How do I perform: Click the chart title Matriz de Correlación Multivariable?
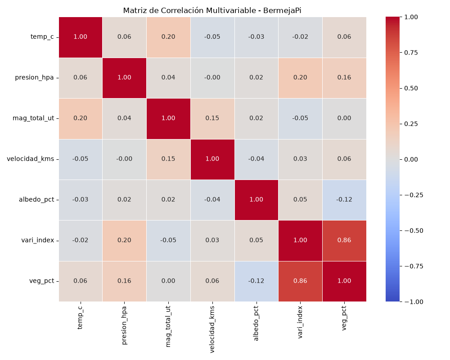(189, 11)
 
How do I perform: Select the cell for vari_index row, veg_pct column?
(344, 241)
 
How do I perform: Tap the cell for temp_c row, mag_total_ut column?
(168, 37)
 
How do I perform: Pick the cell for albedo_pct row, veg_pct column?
(344, 200)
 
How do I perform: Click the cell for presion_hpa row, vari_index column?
(300, 78)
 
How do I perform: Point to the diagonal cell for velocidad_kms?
(212, 159)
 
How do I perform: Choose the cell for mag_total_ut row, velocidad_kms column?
(212, 118)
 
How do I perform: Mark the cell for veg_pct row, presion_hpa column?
(124, 281)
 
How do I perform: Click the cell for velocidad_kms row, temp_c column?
(81, 159)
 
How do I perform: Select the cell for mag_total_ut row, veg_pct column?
(344, 118)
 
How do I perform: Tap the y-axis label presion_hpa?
(35, 77)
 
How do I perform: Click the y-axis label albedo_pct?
(36, 199)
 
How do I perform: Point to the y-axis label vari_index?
(38, 240)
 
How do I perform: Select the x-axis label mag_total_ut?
(168, 326)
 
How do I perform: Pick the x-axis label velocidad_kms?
(212, 329)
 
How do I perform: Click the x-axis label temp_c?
(80, 317)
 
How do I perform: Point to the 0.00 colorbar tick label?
(411, 159)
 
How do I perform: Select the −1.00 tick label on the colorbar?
(414, 301)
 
